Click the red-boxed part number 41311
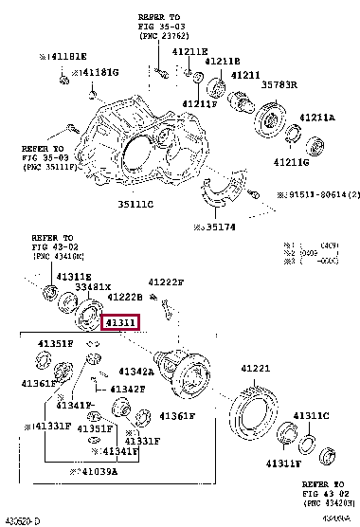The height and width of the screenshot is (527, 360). coord(122,323)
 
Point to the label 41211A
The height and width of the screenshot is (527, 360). coord(317,118)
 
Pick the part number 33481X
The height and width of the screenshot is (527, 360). coord(93,286)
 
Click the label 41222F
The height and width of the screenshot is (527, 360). coord(166,282)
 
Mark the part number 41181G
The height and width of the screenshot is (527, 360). coord(98,72)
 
